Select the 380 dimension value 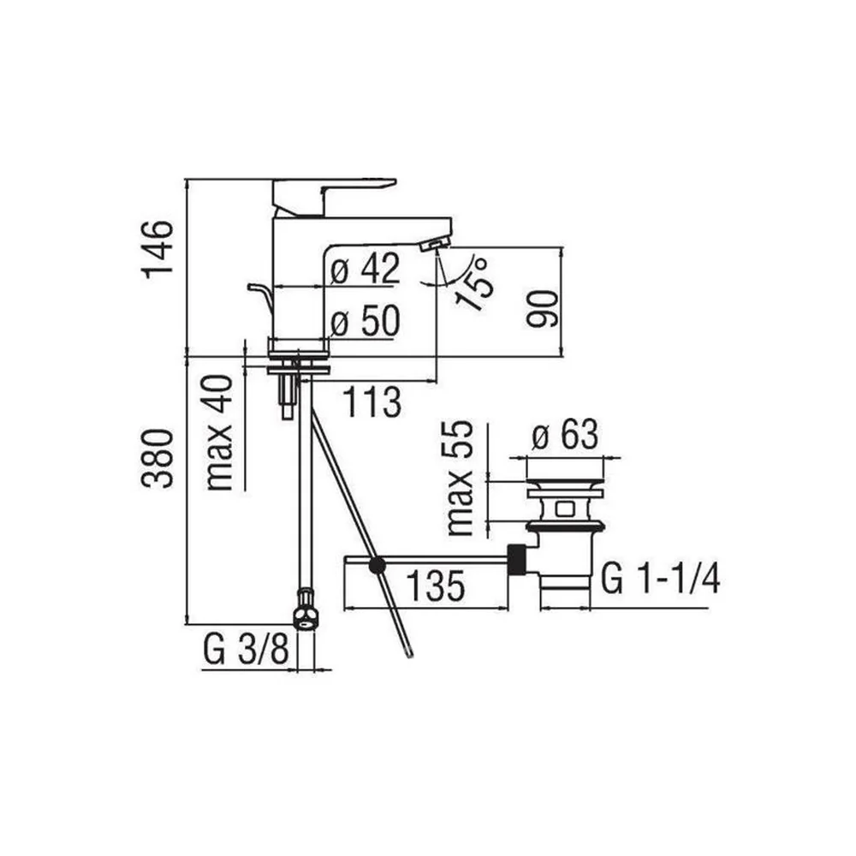coord(158,458)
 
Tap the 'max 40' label coord(219,432)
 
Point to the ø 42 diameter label coord(366,268)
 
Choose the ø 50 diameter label coord(366,321)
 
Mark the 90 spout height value coord(543,309)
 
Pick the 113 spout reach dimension coord(372,401)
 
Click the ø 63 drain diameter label coord(564,435)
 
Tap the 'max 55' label coord(460,478)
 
